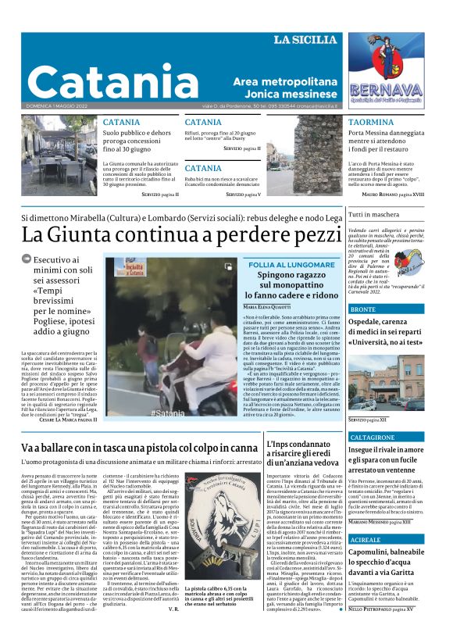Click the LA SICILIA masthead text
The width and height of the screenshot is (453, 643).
pyautogui.click(x=305, y=39)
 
